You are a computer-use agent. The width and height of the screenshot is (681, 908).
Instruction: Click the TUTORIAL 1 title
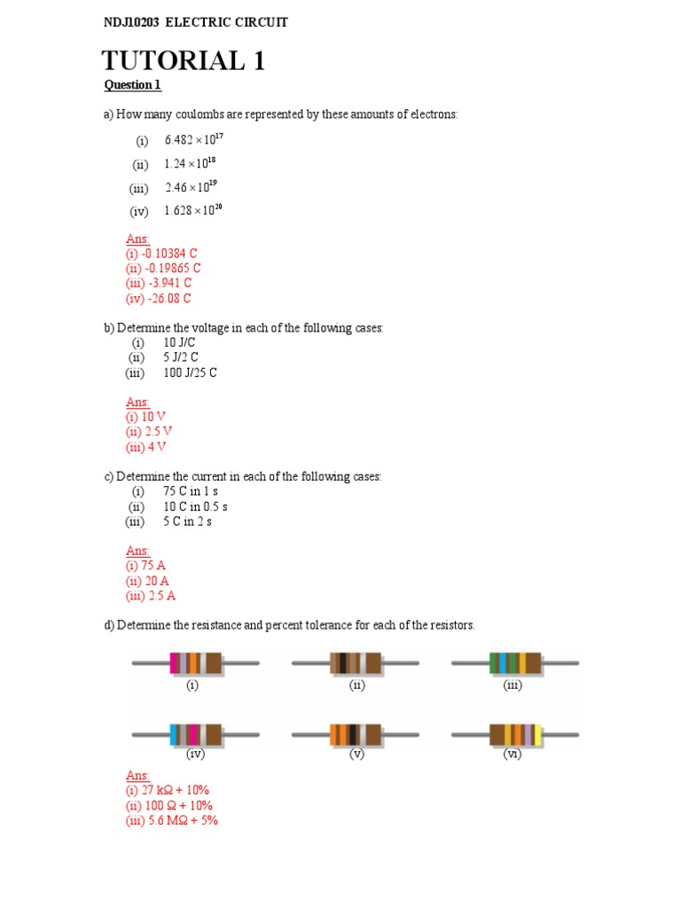184,61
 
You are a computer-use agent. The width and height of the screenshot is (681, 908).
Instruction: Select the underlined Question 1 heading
133,86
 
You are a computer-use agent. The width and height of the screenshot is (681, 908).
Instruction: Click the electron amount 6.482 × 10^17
201,140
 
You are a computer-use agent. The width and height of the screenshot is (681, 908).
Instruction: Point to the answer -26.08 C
159,299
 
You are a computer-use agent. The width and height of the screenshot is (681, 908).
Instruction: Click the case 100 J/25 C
190,373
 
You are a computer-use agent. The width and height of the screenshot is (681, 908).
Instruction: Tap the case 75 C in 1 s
190,491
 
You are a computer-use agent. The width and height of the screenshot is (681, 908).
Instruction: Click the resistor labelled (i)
195,663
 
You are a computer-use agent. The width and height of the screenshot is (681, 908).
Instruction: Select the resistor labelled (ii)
356,663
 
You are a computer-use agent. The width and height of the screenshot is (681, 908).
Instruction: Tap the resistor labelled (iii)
514,663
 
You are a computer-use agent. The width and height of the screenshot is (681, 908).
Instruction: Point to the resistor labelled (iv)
195,734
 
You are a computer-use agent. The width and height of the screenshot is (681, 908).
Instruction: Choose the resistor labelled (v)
356,734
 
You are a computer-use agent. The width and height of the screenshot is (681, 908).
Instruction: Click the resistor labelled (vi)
514,734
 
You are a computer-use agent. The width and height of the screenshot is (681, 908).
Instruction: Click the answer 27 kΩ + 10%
168,790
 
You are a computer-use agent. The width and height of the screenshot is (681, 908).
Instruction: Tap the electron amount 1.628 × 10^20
201,211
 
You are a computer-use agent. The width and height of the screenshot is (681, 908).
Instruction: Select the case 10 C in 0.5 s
195,506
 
